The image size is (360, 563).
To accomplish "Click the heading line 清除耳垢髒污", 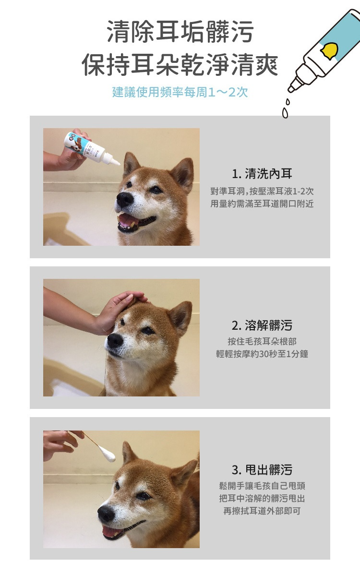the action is coord(180,32).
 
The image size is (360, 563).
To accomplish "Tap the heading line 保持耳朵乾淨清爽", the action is coord(180,65).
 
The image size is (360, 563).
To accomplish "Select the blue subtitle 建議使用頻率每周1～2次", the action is coord(180,92).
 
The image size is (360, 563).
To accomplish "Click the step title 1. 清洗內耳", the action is coord(262,174).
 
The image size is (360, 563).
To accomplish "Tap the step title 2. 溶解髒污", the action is coord(262,325).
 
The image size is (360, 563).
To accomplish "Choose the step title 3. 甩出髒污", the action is coord(262,469).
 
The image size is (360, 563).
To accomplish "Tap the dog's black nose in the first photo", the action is coord(124,199).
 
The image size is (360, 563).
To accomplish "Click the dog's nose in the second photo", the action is coord(115,340).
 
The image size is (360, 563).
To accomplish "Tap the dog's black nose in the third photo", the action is coord(106,514).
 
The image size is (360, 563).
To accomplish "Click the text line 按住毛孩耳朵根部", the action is coord(262,341).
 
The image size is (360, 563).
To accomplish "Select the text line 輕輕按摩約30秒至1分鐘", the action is coord(262,354).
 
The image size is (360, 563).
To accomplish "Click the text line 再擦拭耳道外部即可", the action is coord(262,511).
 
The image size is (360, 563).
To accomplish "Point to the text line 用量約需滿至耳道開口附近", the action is coord(262,204).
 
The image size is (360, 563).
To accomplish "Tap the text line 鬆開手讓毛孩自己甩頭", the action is coord(262,486).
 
